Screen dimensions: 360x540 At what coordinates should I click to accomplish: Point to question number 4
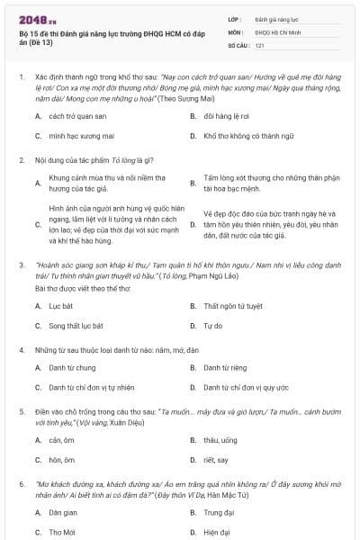point(22,348)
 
